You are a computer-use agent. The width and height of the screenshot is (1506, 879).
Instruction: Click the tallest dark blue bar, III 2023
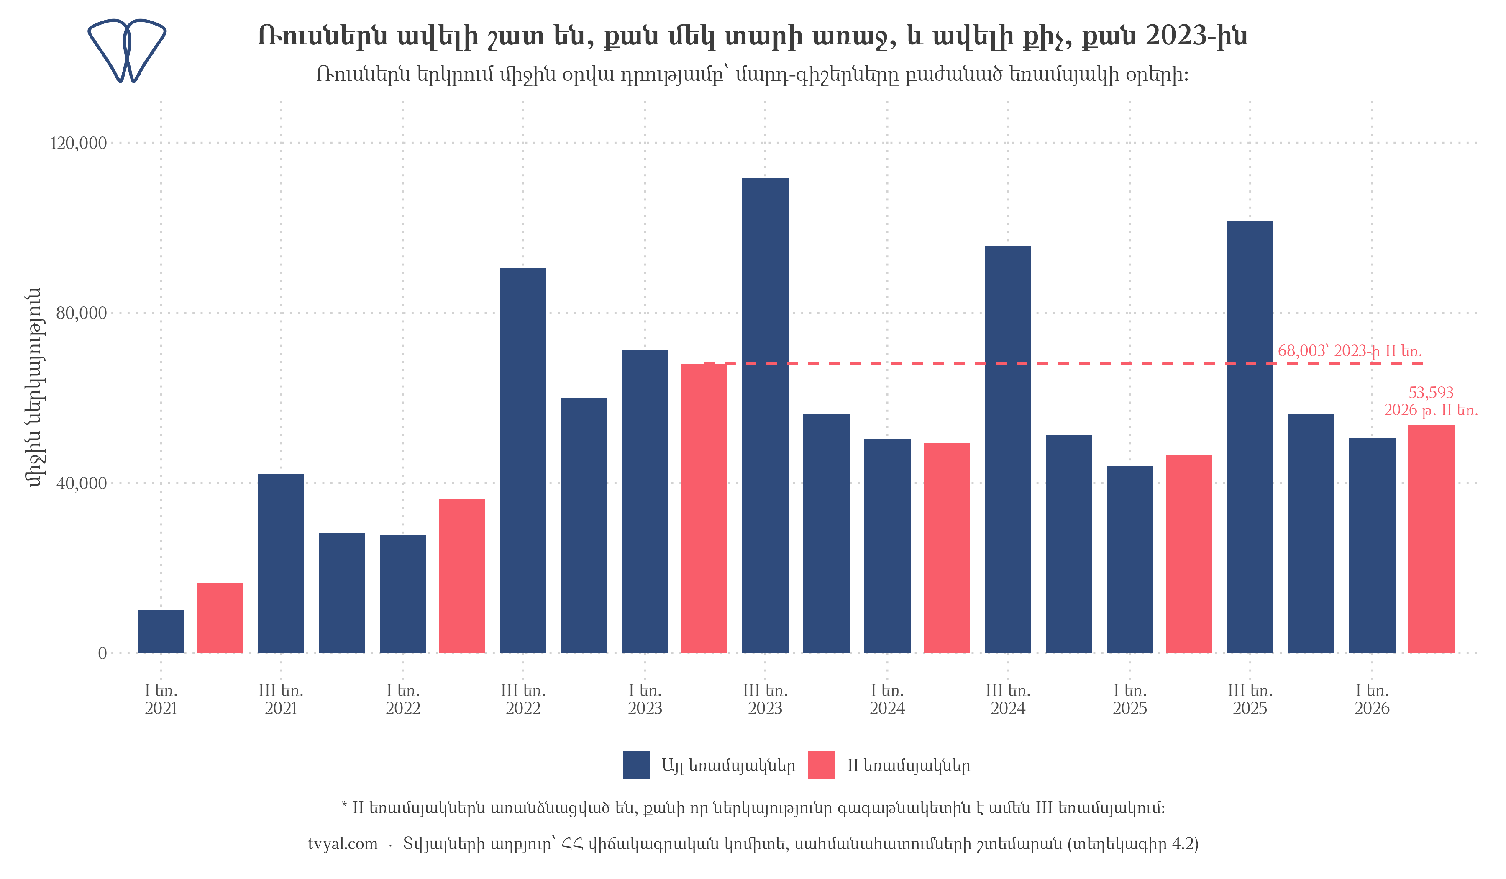click(765, 416)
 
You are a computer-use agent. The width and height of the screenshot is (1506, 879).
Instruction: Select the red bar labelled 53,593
click(1431, 540)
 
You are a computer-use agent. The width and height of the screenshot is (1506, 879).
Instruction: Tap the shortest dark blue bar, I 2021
click(161, 632)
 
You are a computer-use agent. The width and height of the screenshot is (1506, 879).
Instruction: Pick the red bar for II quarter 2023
click(704, 508)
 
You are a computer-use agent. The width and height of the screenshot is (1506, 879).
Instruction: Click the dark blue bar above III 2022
click(523, 460)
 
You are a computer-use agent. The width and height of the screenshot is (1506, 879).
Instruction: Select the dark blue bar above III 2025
click(1250, 437)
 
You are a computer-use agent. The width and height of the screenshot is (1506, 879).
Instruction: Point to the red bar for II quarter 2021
click(220, 618)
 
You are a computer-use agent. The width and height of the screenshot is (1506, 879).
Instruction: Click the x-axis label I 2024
click(887, 699)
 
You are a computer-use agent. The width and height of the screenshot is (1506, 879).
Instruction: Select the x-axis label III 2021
click(281, 699)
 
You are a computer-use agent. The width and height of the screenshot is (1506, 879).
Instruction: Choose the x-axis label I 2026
click(1372, 699)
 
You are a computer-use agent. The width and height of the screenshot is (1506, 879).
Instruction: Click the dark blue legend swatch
click(636, 766)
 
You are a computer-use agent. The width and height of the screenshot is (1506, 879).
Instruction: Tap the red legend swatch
click(821, 766)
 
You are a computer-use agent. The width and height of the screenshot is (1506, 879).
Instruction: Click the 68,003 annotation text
click(1350, 351)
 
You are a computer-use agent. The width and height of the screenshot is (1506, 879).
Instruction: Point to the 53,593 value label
click(1431, 393)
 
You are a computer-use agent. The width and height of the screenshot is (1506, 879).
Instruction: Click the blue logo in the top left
click(127, 51)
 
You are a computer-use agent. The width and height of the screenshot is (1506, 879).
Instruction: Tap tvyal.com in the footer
click(343, 844)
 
